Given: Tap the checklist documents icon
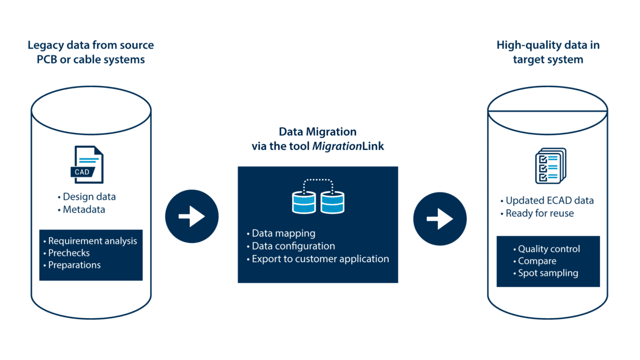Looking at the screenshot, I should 549,166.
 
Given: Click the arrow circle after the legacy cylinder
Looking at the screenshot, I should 192,217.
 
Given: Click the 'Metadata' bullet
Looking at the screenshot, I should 84,210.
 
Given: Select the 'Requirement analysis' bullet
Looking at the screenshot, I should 92,241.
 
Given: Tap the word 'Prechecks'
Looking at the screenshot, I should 69,253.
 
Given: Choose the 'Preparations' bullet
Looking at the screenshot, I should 74,265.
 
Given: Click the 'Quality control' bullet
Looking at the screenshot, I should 549,249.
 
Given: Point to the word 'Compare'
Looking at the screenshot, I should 537,261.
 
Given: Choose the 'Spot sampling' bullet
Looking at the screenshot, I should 548,273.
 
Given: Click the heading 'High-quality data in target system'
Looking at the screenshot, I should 548,52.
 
